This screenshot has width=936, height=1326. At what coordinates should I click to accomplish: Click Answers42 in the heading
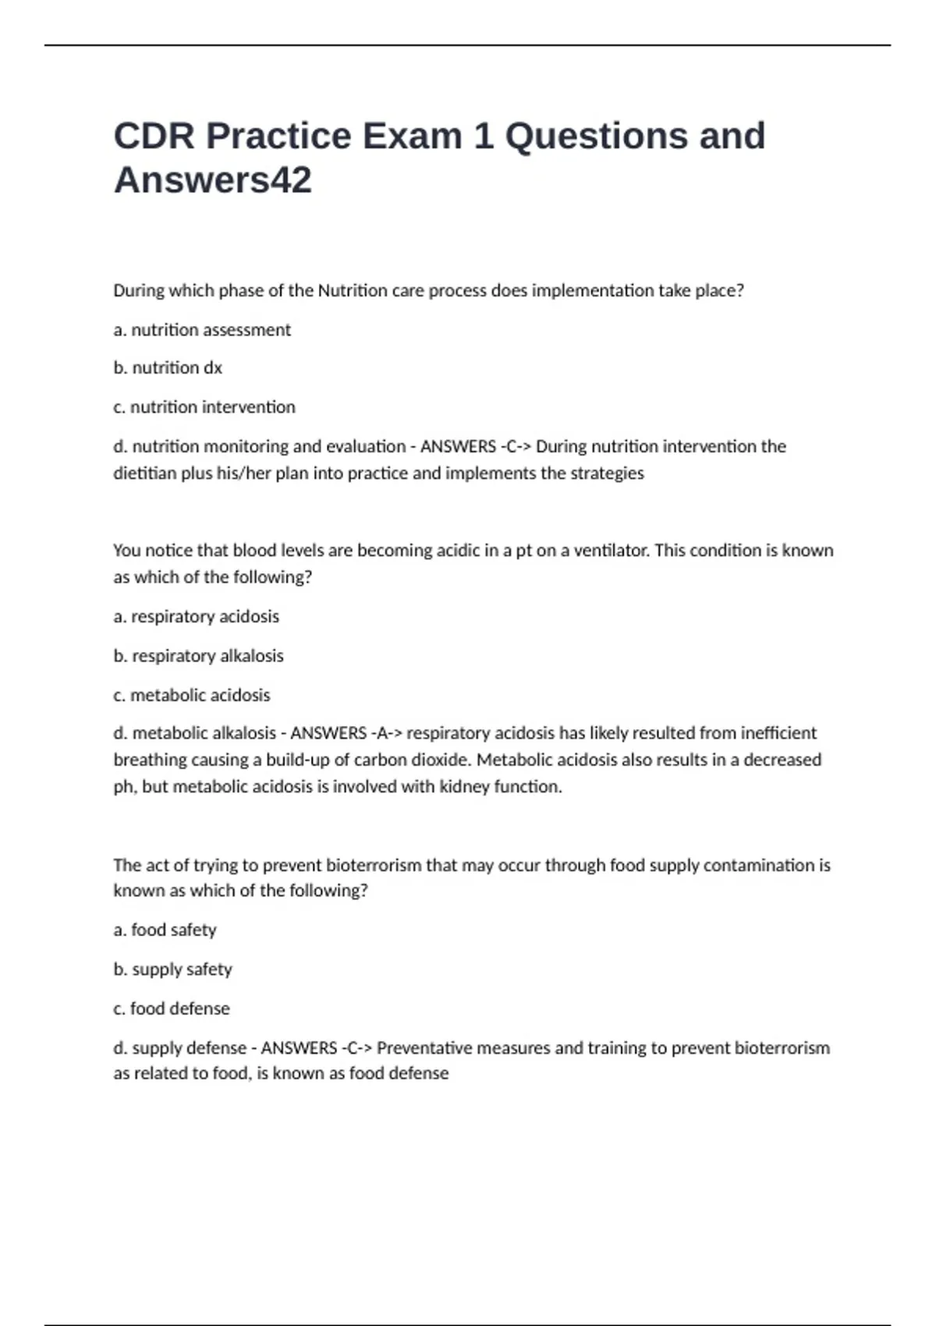pyautogui.click(x=212, y=180)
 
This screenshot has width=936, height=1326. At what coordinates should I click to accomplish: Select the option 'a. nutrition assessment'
pyautogui.click(x=202, y=330)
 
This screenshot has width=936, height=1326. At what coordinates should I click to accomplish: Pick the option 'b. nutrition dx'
pyautogui.click(x=168, y=368)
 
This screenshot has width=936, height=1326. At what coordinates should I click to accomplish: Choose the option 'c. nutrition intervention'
pyautogui.click(x=204, y=407)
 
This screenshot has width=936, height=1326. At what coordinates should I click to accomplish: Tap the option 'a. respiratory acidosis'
pyautogui.click(x=196, y=616)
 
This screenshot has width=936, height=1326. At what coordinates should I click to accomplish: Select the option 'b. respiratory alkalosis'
pyautogui.click(x=198, y=656)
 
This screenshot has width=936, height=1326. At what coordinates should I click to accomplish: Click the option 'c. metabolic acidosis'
pyautogui.click(x=192, y=695)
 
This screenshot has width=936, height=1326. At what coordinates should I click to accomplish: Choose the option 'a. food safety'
pyautogui.click(x=165, y=930)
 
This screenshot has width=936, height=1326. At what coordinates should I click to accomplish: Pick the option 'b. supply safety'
pyautogui.click(x=172, y=970)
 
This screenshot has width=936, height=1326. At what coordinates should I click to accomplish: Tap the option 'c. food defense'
pyautogui.click(x=172, y=1009)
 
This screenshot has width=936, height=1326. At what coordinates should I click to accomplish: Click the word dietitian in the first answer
pyautogui.click(x=145, y=473)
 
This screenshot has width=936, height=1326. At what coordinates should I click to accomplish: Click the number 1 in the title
pyautogui.click(x=483, y=136)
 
